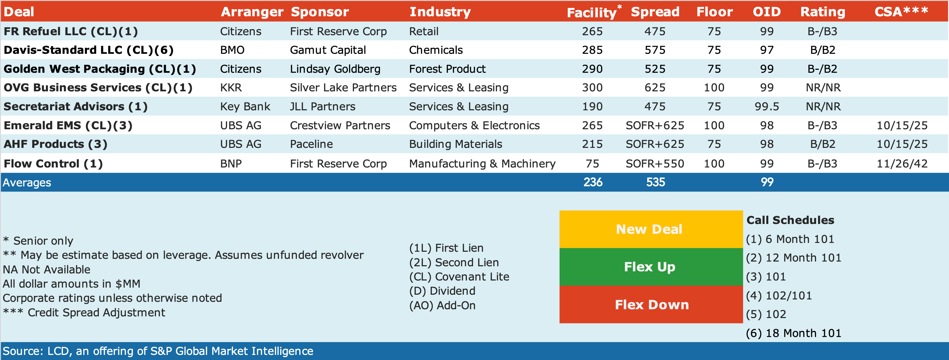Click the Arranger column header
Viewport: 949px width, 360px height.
[x=252, y=12]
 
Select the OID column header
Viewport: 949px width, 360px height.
[x=767, y=12]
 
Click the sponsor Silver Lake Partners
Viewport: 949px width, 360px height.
[x=343, y=88]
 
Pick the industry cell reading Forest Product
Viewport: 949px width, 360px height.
[x=447, y=69]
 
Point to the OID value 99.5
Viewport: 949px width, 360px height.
[x=767, y=107]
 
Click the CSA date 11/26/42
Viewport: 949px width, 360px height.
[x=902, y=164]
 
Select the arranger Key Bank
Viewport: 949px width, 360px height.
[x=245, y=107]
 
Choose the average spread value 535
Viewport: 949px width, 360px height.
[x=655, y=182]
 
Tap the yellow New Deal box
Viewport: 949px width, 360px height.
[x=651, y=229]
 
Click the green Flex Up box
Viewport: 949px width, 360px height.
[x=651, y=267]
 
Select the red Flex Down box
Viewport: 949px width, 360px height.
[x=651, y=305]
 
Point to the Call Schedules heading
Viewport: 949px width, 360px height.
[x=790, y=220]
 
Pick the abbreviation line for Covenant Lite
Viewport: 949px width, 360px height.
[x=459, y=277]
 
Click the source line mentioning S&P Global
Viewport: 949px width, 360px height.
[x=158, y=351]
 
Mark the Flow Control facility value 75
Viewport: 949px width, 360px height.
[x=592, y=164]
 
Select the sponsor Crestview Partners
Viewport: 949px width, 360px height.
[x=340, y=125]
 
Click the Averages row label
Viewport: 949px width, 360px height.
[x=27, y=182]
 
